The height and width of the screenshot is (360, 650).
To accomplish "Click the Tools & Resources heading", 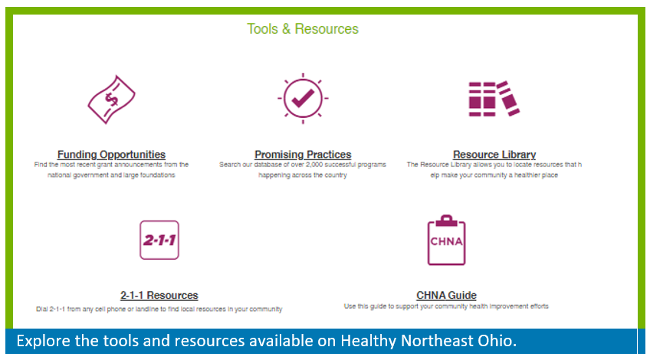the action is click(x=303, y=29).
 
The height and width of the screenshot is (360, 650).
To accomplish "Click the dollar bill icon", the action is click(x=111, y=100).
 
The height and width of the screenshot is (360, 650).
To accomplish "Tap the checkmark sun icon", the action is click(x=303, y=99).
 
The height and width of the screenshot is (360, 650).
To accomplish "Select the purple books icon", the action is click(x=494, y=99).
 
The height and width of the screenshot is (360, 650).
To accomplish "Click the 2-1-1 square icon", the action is click(x=159, y=240).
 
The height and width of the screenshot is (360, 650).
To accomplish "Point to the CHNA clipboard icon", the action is click(x=446, y=240).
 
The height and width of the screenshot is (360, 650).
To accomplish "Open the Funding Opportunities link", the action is click(x=111, y=155).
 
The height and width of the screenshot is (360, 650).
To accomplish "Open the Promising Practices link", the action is click(x=303, y=155).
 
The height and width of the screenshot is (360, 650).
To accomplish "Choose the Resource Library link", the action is click(x=494, y=155).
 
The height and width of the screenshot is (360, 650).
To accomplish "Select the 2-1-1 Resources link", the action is click(x=159, y=296).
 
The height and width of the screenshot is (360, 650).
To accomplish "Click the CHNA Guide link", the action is click(x=446, y=296).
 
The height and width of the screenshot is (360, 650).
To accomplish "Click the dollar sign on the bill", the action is click(x=111, y=99).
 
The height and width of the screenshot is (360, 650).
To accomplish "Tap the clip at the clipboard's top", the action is click(x=446, y=221).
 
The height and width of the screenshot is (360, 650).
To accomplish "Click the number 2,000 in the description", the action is click(x=314, y=165).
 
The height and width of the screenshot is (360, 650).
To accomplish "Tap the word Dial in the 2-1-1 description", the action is click(x=42, y=309).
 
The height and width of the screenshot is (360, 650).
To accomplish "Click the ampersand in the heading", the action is click(x=286, y=29).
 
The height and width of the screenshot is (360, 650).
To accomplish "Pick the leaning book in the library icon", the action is click(x=508, y=99).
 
